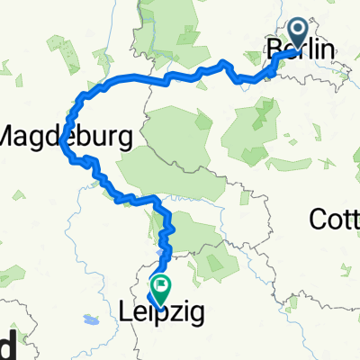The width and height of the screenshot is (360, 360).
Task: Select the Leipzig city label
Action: click(x=162, y=312)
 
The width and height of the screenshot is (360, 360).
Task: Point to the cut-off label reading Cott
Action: click(x=335, y=218)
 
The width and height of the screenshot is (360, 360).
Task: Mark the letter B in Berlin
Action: click(x=273, y=52)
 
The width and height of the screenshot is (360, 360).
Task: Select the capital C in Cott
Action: click(x=317, y=218)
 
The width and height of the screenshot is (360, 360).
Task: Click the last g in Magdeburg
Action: click(x=123, y=140)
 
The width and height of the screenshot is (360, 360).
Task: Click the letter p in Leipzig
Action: click(x=163, y=315)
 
